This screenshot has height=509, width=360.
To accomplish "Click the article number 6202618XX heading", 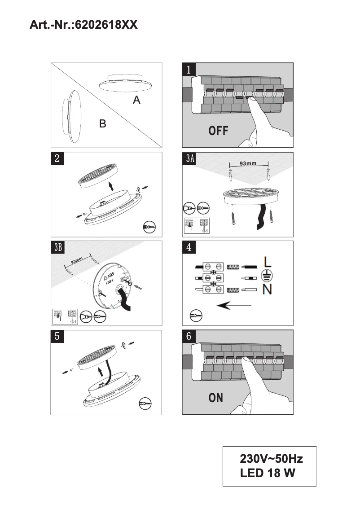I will pyautogui.click(x=83, y=25).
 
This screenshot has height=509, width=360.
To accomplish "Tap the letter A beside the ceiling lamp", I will pyautogui.click(x=136, y=101).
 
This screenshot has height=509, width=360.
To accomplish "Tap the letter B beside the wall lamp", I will pyautogui.click(x=103, y=124).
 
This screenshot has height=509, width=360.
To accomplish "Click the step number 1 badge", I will pyautogui.click(x=189, y=69).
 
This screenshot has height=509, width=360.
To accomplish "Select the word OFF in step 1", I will pyautogui.click(x=219, y=131).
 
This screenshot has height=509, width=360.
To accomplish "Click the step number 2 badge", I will pyautogui.click(x=57, y=158).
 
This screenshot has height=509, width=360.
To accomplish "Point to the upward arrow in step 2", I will pyautogui.click(x=111, y=186).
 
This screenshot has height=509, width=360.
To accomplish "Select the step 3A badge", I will pyautogui.click(x=190, y=158).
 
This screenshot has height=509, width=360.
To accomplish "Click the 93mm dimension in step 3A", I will pyautogui.click(x=248, y=163).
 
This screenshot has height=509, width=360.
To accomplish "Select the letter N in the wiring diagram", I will pyautogui.click(x=267, y=290).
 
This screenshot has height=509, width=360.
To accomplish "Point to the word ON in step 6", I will pyautogui.click(x=216, y=398).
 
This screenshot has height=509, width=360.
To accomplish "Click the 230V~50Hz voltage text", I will pyautogui.click(x=271, y=459).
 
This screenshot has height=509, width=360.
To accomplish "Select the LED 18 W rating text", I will pyautogui.click(x=268, y=473).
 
